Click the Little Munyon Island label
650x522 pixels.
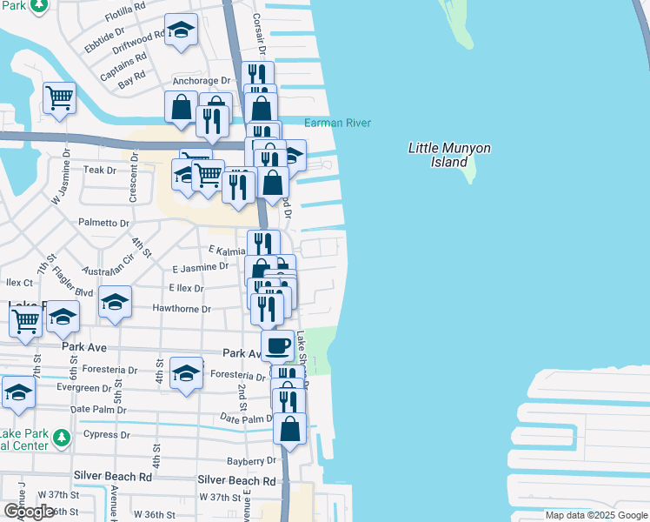tap(449, 154)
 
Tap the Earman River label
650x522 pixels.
tap(338, 123)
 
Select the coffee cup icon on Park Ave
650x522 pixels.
tap(277, 345)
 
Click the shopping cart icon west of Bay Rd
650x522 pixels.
tap(59, 98)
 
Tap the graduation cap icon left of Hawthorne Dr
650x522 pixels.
tap(115, 302)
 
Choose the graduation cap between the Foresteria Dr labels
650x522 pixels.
tap(186, 373)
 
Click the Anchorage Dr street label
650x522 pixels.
tap(201, 81)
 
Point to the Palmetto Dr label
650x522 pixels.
tap(103, 223)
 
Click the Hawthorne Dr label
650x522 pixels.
tap(182, 309)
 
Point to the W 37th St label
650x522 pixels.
tap(219, 497)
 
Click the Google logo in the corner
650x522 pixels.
tap(30, 512)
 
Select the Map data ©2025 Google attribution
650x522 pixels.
tap(596, 515)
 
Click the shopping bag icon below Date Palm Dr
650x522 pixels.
tap(289, 429)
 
